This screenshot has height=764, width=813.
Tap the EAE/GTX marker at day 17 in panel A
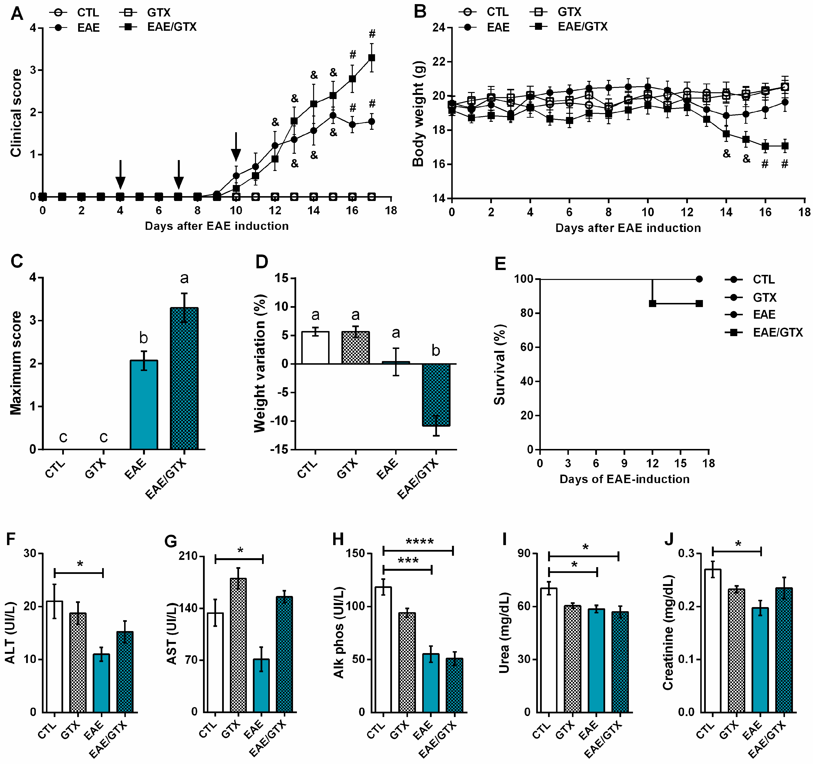[x=371, y=58]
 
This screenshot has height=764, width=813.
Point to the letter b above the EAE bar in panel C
[x=143, y=338]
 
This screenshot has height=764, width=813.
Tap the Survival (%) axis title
[x=499, y=364]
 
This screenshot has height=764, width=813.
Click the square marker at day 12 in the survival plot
[x=652, y=303]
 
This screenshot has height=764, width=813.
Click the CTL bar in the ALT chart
[x=54, y=656]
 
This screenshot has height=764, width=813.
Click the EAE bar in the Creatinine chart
[x=760, y=660]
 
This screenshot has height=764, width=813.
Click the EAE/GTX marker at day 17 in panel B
[x=784, y=146]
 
